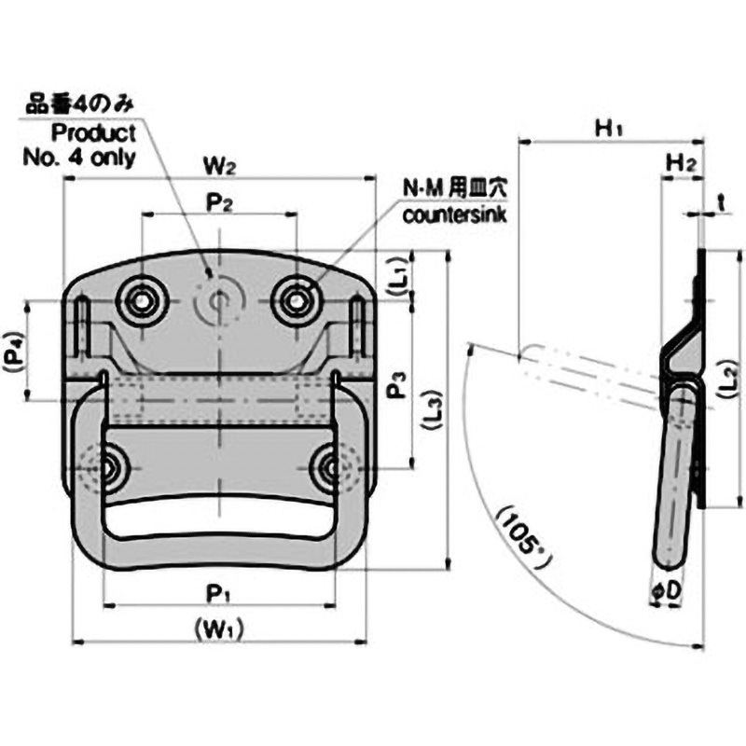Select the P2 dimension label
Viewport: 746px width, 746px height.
click(x=218, y=202)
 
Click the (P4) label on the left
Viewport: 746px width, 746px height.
click(x=12, y=349)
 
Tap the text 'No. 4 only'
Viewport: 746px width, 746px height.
click(x=79, y=157)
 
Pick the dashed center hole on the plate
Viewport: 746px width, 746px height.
click(x=219, y=300)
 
